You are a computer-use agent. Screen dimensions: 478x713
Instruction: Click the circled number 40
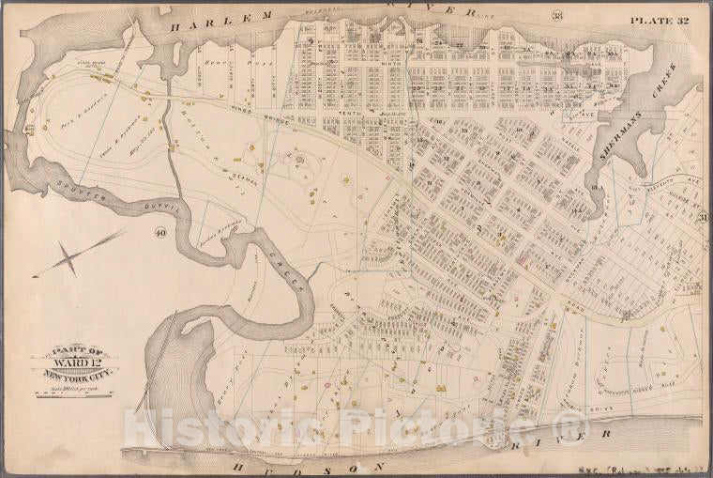coord(161,233)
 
